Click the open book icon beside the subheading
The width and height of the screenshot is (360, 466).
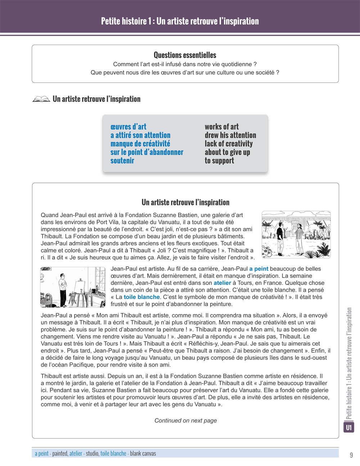[x=41, y=99]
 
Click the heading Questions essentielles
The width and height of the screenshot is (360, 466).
[x=185, y=55]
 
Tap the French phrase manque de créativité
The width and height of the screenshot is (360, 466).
[x=140, y=144]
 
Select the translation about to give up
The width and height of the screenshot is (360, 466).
[x=227, y=152]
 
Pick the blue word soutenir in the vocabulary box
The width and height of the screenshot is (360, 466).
[x=122, y=161]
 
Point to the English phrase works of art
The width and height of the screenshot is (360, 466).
[x=221, y=127]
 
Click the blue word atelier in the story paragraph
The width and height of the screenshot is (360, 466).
[x=222, y=283]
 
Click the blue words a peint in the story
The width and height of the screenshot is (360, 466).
[x=258, y=269]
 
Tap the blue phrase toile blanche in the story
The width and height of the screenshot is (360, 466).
[x=141, y=297]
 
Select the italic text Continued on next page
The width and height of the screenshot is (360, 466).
[x=185, y=421]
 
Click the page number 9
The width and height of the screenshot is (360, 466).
[x=351, y=455]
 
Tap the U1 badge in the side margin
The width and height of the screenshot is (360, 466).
[x=349, y=427]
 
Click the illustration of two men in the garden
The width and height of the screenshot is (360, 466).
[x=296, y=234]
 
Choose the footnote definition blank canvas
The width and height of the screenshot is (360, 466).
[x=143, y=453]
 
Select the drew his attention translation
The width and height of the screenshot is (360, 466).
[x=230, y=135]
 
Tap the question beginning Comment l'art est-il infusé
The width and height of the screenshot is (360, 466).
[x=185, y=64]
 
